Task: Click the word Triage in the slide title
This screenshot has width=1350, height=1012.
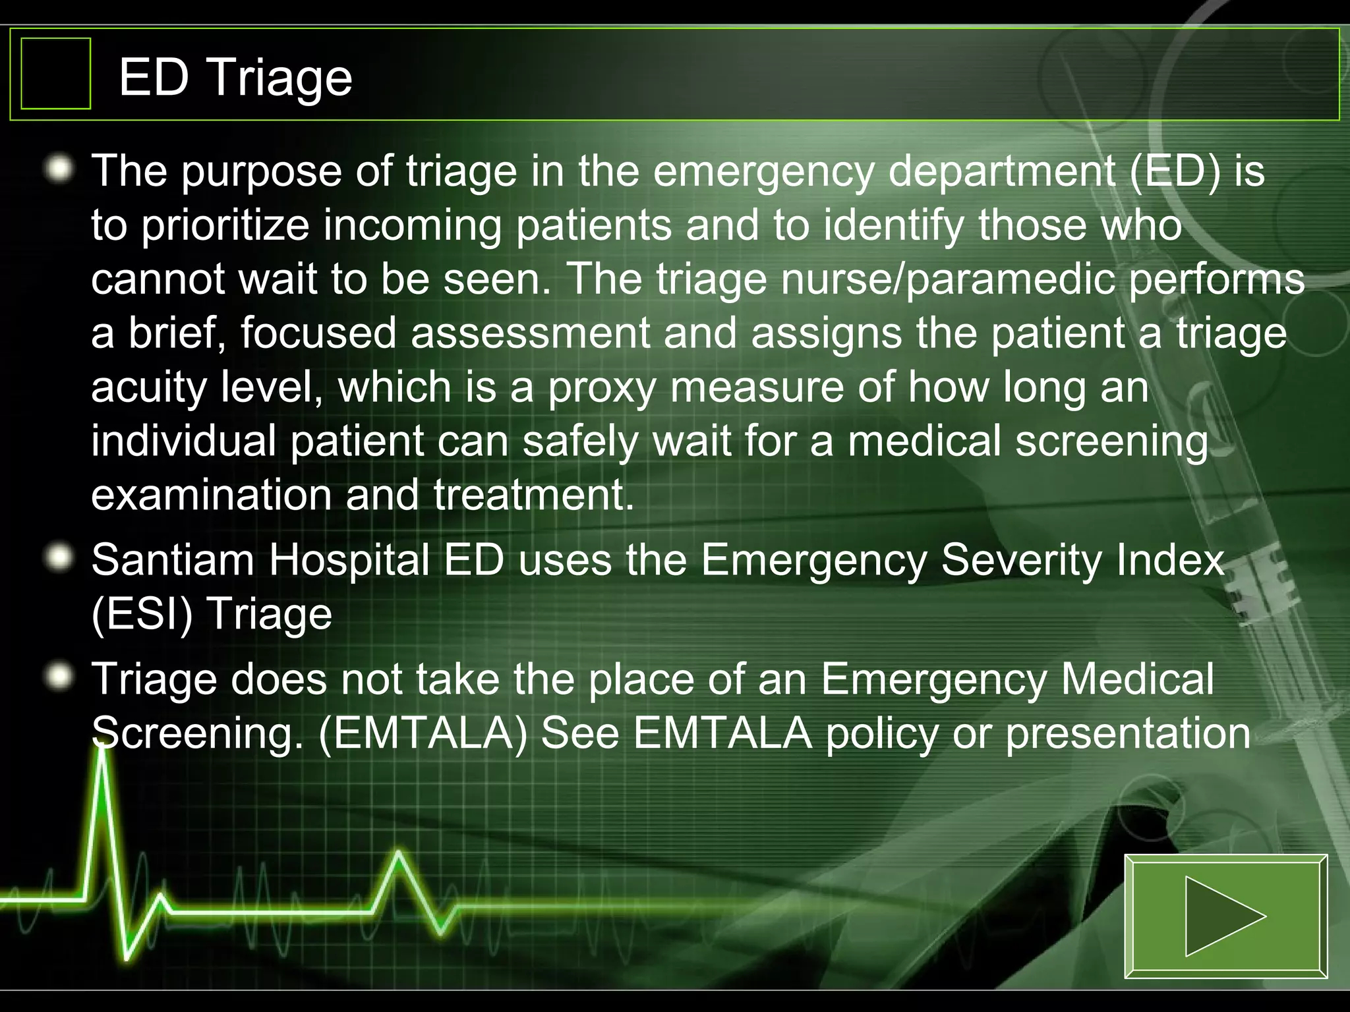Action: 280,78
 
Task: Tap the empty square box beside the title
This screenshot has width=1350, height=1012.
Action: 55,73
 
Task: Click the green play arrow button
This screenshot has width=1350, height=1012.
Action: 1225,916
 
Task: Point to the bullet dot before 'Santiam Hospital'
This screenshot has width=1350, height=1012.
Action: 60,559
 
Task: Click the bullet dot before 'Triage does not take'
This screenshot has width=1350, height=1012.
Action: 60,678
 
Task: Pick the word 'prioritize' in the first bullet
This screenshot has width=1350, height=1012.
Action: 225,225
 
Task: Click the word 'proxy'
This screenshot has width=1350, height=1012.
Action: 602,387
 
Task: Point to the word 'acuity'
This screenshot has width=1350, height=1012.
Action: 149,387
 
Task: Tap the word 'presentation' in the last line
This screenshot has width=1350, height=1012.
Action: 1128,733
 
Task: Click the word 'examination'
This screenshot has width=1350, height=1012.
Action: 211,495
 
